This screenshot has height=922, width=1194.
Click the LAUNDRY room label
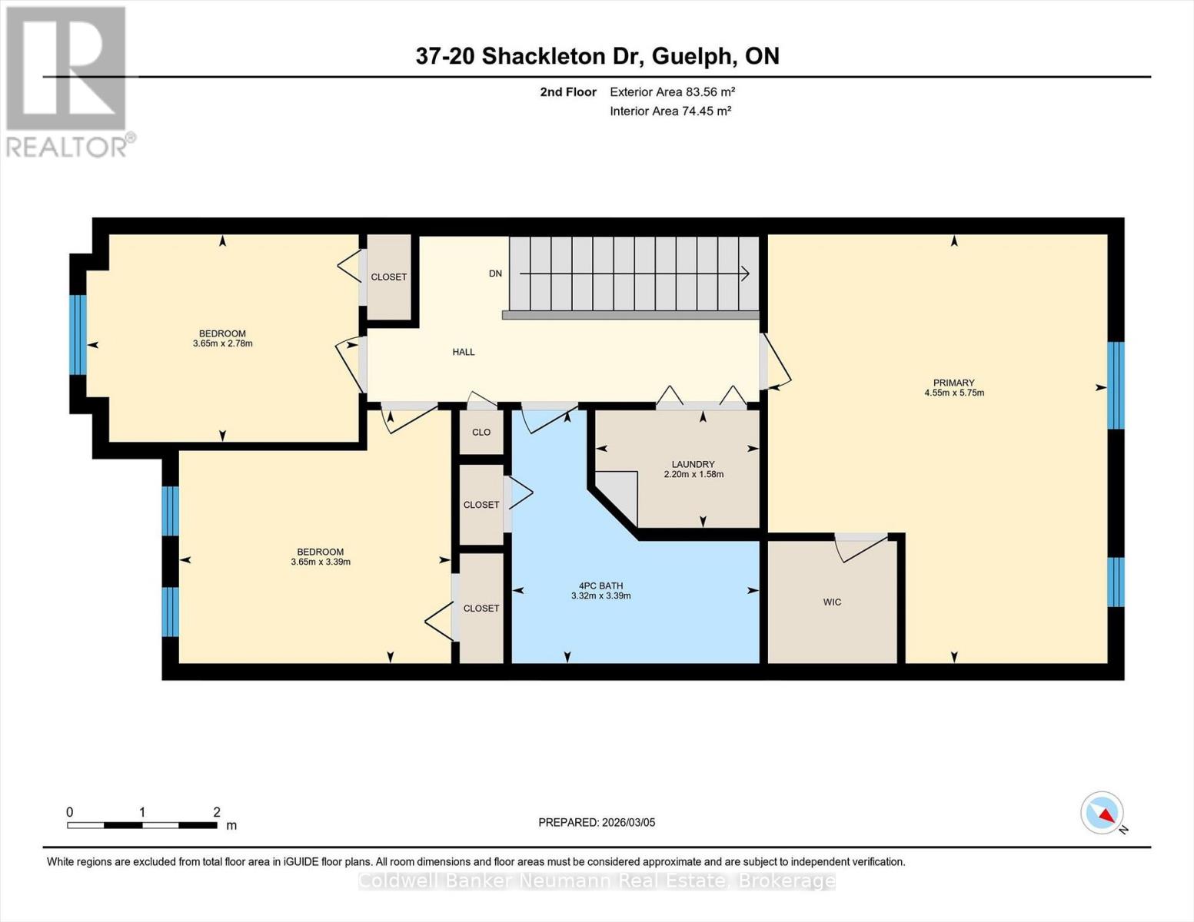click(693, 464)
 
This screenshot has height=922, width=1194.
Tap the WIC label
click(832, 602)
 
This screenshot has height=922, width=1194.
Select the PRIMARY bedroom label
click(954, 383)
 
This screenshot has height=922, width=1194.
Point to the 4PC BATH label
click(600, 586)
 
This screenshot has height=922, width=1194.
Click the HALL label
click(463, 352)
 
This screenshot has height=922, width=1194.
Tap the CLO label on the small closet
click(481, 432)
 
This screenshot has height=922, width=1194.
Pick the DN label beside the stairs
click(495, 274)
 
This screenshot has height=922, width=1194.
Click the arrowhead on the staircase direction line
click(746, 274)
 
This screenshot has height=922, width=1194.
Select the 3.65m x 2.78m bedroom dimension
click(222, 343)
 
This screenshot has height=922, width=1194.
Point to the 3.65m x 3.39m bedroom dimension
click(321, 562)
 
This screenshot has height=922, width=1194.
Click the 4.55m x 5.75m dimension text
click(954, 393)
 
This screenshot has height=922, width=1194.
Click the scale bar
click(141, 825)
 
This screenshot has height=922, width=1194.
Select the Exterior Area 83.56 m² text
click(672, 91)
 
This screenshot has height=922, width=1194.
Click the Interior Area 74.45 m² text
click(670, 111)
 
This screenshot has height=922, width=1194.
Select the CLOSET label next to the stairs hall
click(388, 277)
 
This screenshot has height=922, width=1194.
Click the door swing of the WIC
click(861, 548)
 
